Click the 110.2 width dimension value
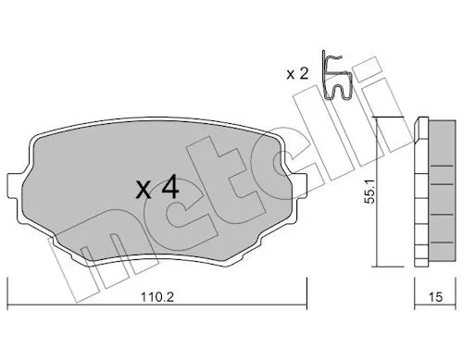[x=157, y=297]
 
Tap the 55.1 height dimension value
[x=369, y=191]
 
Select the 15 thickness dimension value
[x=435, y=297]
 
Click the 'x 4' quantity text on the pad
[x=157, y=187]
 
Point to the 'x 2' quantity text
[x=297, y=74]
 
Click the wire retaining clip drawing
[x=336, y=76]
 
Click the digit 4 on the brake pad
[x=170, y=187]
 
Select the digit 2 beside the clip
[x=304, y=74]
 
